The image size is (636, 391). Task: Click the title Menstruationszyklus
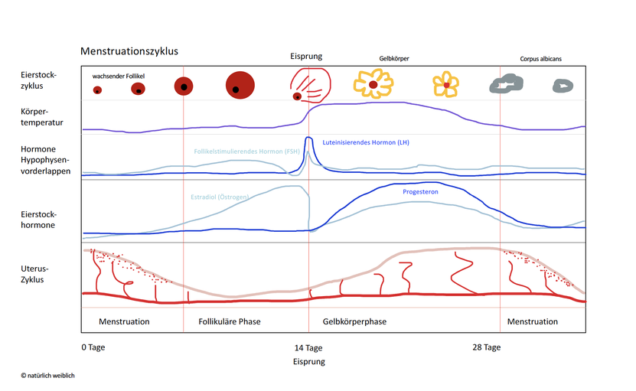pos(129,51)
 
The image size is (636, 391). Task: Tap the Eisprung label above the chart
pos(306,57)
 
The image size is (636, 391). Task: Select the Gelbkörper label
pos(394,58)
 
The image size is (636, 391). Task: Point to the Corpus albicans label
pos(540,59)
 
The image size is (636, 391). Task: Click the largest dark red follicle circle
pos(240,85)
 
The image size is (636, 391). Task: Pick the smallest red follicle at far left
pos(97,90)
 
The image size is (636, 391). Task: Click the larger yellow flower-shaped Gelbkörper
pos(373,84)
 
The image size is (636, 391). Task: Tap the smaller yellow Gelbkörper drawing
pos(445,84)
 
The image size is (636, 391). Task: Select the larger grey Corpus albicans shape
pos(506,83)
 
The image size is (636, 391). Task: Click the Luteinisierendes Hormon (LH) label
pos(366,142)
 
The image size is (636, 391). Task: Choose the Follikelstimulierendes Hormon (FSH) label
pos(246,152)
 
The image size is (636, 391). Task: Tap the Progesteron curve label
pos(420,192)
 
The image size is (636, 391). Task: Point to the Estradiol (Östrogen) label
pos(220,197)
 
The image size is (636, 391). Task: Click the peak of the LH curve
pos(308,138)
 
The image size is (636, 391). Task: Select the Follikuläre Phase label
pos(230,321)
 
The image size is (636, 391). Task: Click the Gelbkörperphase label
pos(354,321)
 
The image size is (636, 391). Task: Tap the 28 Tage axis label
pos(486,347)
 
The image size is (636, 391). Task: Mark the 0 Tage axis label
pos(93,347)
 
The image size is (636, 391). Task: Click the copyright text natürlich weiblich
pos(48,376)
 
